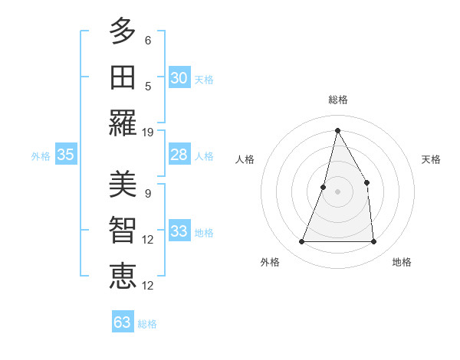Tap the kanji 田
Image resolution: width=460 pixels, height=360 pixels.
(123, 77)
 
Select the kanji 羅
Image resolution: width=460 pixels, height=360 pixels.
(123, 123)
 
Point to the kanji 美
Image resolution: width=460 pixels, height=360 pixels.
(123, 184)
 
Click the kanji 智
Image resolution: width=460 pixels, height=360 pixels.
(123, 230)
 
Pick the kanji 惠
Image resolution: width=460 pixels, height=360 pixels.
(123, 276)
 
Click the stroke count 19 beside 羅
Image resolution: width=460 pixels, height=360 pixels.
(148, 132)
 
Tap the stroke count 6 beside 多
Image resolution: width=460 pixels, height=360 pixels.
(147, 40)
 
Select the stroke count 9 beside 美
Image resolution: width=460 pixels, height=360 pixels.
(147, 193)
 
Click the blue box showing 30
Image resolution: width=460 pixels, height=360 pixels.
(179, 78)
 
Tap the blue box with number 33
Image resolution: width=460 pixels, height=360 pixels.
(179, 232)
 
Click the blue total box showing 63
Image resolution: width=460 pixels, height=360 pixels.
(122, 322)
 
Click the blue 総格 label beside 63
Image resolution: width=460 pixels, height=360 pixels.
(147, 324)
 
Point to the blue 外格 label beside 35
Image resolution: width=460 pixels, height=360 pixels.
(41, 156)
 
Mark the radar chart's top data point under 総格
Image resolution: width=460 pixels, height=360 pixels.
(337, 130)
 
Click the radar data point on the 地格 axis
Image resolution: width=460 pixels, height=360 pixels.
(373, 242)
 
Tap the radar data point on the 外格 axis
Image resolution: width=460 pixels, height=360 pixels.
(302, 242)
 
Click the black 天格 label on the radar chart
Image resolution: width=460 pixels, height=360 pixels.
(431, 159)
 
